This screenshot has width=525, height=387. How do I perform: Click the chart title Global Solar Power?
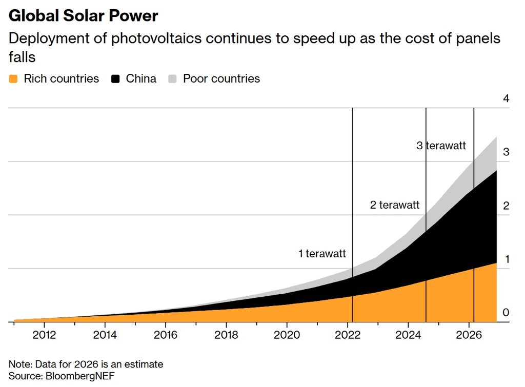(83, 16)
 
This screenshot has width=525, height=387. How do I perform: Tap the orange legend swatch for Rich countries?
(13, 79)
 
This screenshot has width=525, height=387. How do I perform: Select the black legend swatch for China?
(115, 79)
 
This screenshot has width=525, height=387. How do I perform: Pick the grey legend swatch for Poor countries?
(172, 79)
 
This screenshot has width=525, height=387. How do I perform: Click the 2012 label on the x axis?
(44, 334)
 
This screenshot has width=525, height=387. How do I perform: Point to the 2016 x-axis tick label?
(166, 334)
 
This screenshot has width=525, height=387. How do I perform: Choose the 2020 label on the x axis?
(287, 334)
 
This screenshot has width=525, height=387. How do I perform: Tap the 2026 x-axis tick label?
(469, 334)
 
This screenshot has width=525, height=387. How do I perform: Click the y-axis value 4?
(506, 98)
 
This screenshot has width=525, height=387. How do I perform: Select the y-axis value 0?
(506, 312)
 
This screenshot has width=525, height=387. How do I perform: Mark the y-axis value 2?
(506, 206)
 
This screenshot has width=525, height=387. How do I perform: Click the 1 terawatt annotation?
(322, 253)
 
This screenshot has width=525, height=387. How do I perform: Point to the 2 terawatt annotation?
(394, 205)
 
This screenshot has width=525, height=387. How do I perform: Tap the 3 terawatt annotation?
(441, 145)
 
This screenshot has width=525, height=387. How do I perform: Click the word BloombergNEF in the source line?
(80, 376)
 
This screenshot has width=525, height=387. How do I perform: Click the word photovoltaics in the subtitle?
(156, 38)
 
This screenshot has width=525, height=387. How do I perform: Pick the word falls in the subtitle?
(22, 57)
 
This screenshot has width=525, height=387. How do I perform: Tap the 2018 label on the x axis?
(226, 334)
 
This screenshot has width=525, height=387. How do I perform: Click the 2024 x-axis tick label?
(408, 334)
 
